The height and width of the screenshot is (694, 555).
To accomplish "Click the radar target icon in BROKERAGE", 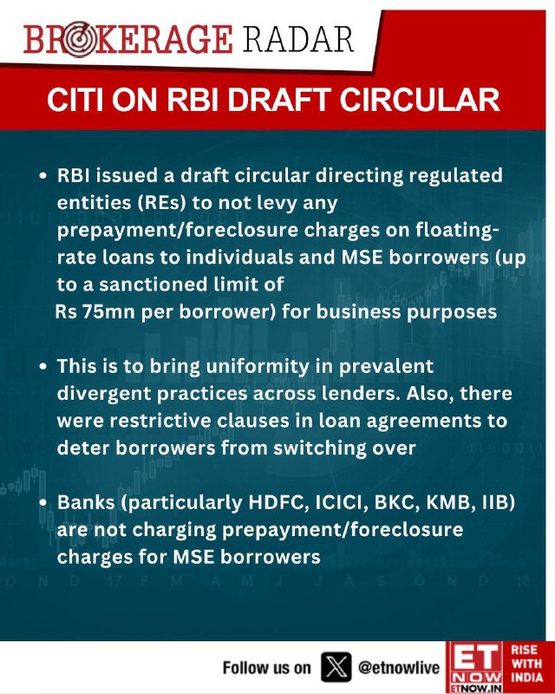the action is point(79,39).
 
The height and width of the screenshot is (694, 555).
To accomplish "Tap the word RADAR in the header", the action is point(298,39).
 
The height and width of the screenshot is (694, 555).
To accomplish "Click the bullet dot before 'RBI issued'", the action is point(43,176).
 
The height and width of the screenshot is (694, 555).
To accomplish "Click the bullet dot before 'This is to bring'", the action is point(43,367).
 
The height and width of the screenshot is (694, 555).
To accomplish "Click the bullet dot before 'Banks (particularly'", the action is point(43,503).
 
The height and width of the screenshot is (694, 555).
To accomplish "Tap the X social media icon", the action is point(336,667).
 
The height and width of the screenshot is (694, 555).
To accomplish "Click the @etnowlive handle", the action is point(399,667).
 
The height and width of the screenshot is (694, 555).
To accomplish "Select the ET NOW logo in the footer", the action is point(475,667).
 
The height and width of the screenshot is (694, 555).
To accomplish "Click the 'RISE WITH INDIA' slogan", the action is point(526,664).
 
